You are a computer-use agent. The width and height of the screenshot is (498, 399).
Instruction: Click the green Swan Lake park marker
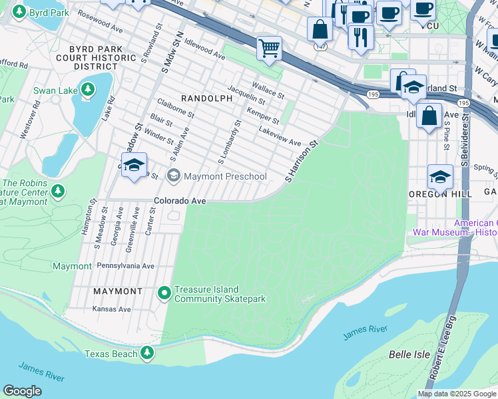87,89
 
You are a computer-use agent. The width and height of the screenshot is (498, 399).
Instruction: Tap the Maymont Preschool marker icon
174,176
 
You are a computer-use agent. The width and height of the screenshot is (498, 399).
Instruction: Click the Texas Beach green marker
146,352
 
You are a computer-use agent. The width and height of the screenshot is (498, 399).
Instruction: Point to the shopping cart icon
269,48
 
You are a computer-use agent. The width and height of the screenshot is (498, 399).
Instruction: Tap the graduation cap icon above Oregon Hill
439,177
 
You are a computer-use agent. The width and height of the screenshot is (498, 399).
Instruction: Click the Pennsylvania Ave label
125,266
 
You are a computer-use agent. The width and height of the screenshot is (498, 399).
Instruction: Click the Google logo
22,391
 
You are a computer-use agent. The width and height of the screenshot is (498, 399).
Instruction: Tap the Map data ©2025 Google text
456,394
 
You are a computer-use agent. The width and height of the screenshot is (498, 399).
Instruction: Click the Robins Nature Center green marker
57,192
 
